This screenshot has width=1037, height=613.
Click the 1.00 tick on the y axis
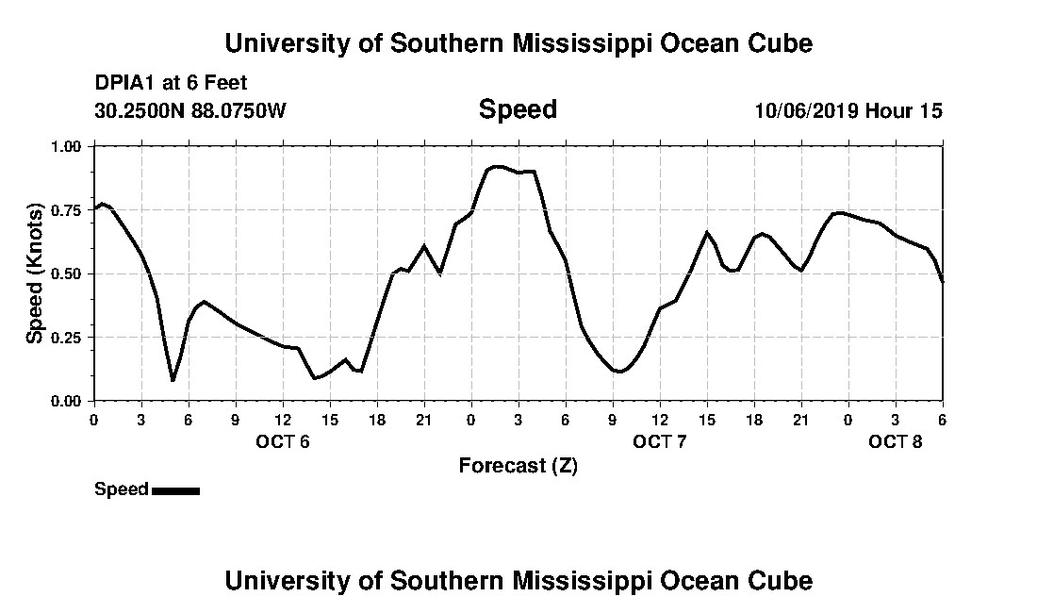click(x=68, y=146)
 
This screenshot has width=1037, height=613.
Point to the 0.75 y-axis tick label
click(x=68, y=210)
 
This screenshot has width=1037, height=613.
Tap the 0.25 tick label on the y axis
click(x=68, y=338)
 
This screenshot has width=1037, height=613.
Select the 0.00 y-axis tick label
click(x=68, y=401)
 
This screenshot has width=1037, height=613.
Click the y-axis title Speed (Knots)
click(x=35, y=273)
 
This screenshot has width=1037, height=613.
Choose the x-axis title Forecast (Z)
click(x=518, y=465)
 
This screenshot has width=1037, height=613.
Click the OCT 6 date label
click(x=283, y=441)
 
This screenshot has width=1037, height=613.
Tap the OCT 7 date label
click(x=659, y=441)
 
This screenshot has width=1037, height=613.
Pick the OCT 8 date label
click(x=896, y=441)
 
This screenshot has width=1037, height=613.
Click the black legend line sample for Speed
click(x=175, y=490)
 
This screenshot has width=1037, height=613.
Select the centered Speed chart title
click(x=518, y=109)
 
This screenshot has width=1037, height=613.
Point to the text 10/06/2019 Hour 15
click(x=848, y=110)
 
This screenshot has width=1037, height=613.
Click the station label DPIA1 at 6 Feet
click(x=171, y=83)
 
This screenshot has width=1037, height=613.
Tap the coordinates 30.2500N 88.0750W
click(x=189, y=110)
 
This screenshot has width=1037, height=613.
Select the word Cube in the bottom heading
click(x=785, y=580)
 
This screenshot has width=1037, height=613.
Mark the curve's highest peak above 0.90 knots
click(x=497, y=167)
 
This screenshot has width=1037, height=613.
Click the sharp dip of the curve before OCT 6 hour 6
click(x=173, y=380)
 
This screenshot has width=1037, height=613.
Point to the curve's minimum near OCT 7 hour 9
click(x=618, y=372)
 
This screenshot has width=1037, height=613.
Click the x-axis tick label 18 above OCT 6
click(x=377, y=420)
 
